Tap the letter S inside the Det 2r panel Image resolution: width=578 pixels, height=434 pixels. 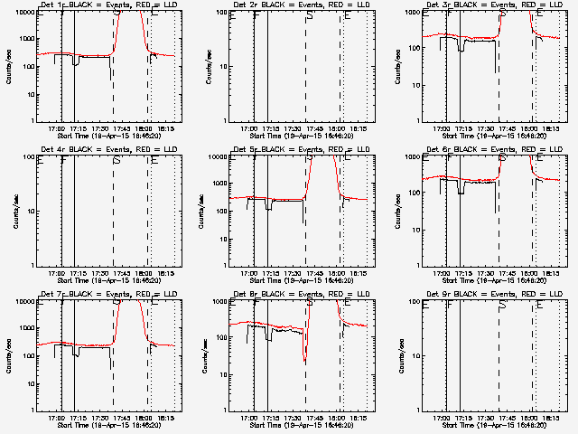[x=310, y=16]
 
